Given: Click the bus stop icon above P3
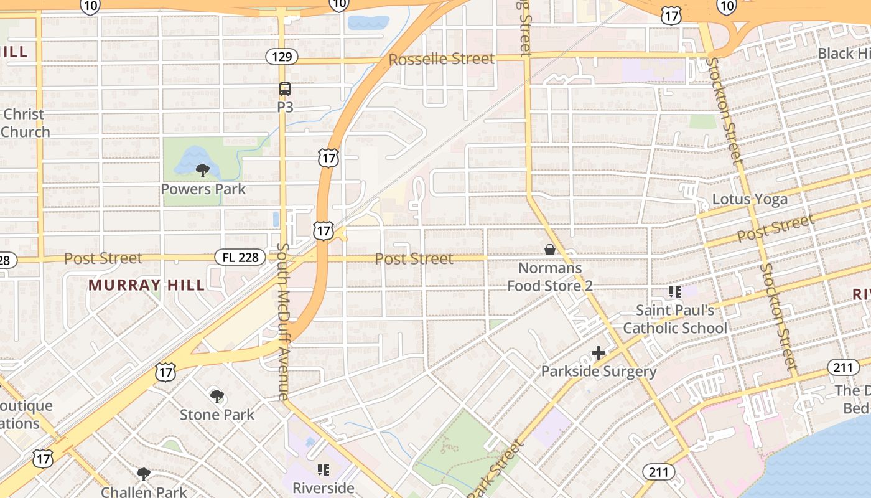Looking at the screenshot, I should (x=284, y=89).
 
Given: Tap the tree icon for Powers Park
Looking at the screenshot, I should (x=202, y=170).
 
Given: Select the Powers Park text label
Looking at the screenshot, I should (x=203, y=189).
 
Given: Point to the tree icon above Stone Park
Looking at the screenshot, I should (x=217, y=396).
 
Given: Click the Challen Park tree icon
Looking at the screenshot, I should (x=144, y=474).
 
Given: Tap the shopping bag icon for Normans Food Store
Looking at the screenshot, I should (x=549, y=250).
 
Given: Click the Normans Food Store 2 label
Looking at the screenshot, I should (x=549, y=277).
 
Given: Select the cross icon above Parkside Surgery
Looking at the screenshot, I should (x=598, y=354).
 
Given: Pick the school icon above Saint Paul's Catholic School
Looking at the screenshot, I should (x=675, y=291).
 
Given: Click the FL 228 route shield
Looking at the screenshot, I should (x=240, y=257).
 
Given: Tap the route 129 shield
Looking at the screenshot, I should (x=282, y=57).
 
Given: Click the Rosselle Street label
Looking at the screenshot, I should (x=442, y=60).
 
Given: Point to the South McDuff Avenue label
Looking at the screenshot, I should (x=283, y=321).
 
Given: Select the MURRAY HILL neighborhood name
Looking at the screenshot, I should (x=146, y=285).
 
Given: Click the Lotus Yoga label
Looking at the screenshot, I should (x=750, y=199).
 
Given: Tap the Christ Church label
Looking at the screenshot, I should (x=25, y=123).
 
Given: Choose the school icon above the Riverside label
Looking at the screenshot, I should (x=323, y=469).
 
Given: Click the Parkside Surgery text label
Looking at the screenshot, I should (x=599, y=372).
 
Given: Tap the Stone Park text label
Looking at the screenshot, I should (x=217, y=415).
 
